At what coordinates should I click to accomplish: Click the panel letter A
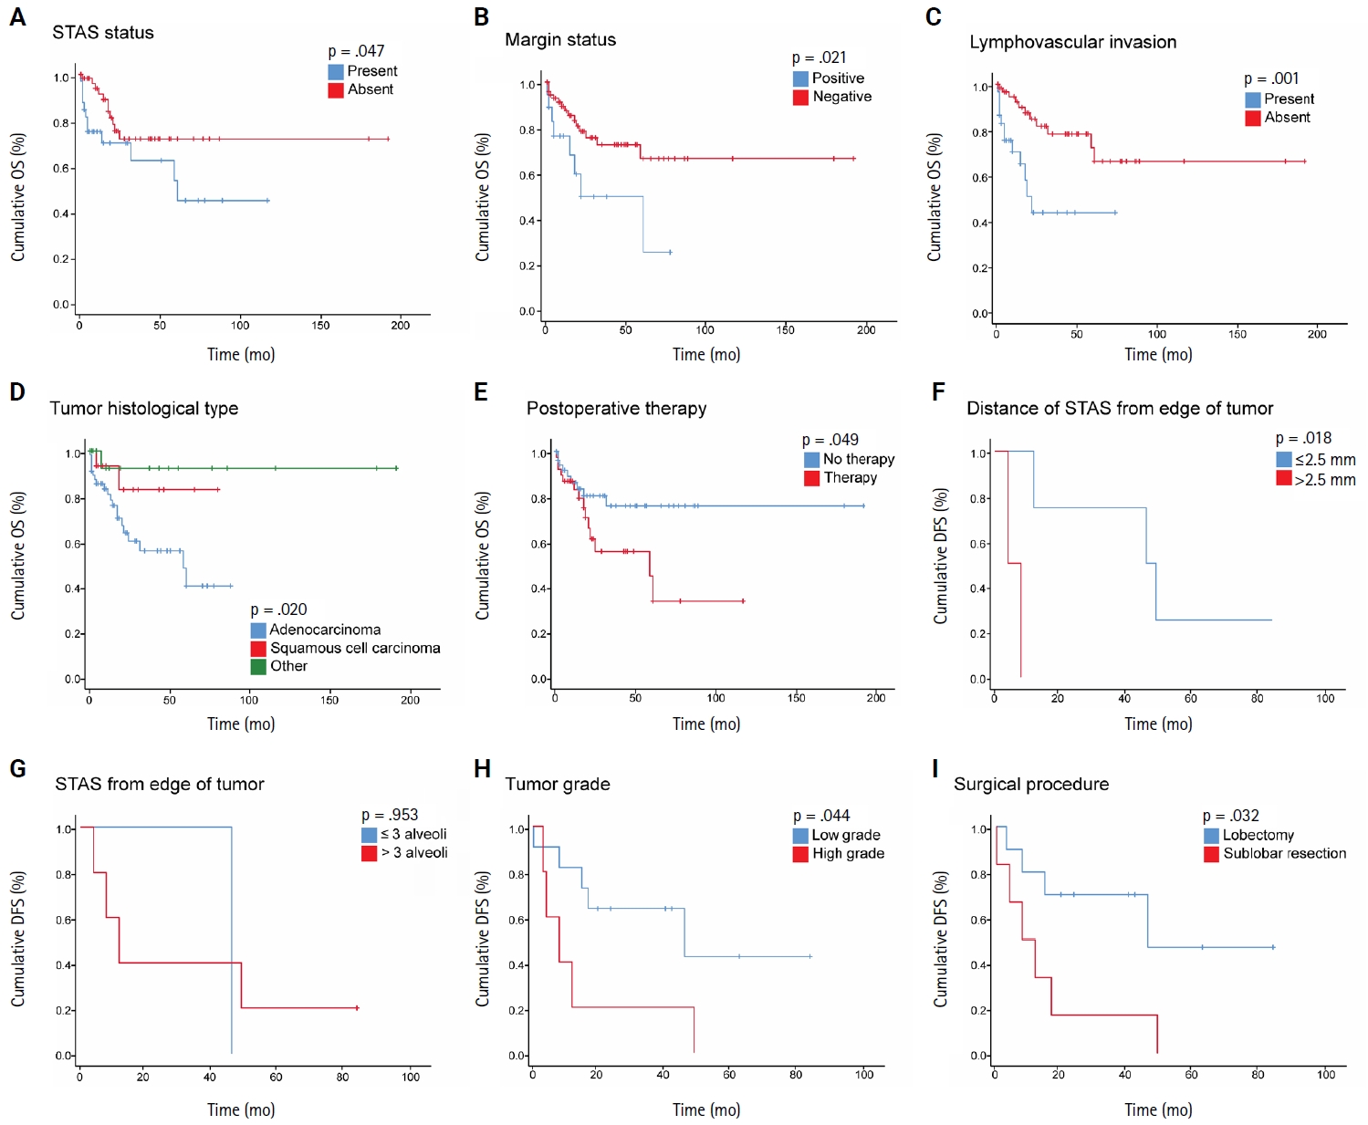click(17, 17)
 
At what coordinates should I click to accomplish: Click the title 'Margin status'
click(560, 40)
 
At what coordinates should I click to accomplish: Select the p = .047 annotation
click(356, 51)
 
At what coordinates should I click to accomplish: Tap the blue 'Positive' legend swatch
click(800, 79)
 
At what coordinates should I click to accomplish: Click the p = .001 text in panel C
click(1271, 78)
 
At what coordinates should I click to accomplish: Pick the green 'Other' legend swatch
click(258, 667)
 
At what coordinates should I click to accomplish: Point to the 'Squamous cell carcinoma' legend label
click(355, 648)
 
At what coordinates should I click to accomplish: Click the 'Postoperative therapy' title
click(616, 409)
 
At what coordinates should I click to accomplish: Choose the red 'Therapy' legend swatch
click(811, 478)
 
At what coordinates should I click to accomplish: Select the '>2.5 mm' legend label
click(1325, 480)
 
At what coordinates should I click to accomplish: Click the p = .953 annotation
click(390, 815)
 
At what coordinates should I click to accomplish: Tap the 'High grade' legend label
click(848, 854)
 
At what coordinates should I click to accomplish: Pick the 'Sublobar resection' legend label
click(1284, 854)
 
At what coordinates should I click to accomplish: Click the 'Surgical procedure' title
click(1031, 785)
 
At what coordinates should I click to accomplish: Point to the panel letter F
click(938, 392)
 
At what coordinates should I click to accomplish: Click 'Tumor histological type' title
click(144, 409)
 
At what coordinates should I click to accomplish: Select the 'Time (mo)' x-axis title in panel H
click(706, 1110)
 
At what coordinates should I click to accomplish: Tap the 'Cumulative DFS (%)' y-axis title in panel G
click(18, 939)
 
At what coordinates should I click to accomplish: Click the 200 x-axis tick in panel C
click(1317, 334)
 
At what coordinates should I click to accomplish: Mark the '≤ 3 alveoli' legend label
click(413, 835)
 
